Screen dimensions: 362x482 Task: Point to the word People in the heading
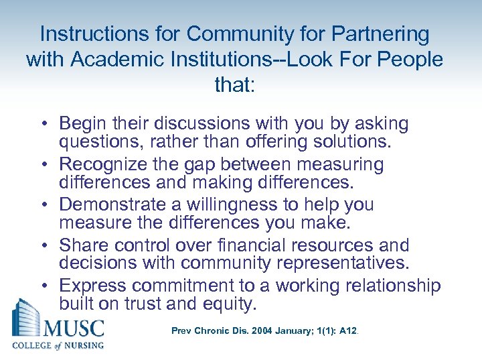409,59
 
